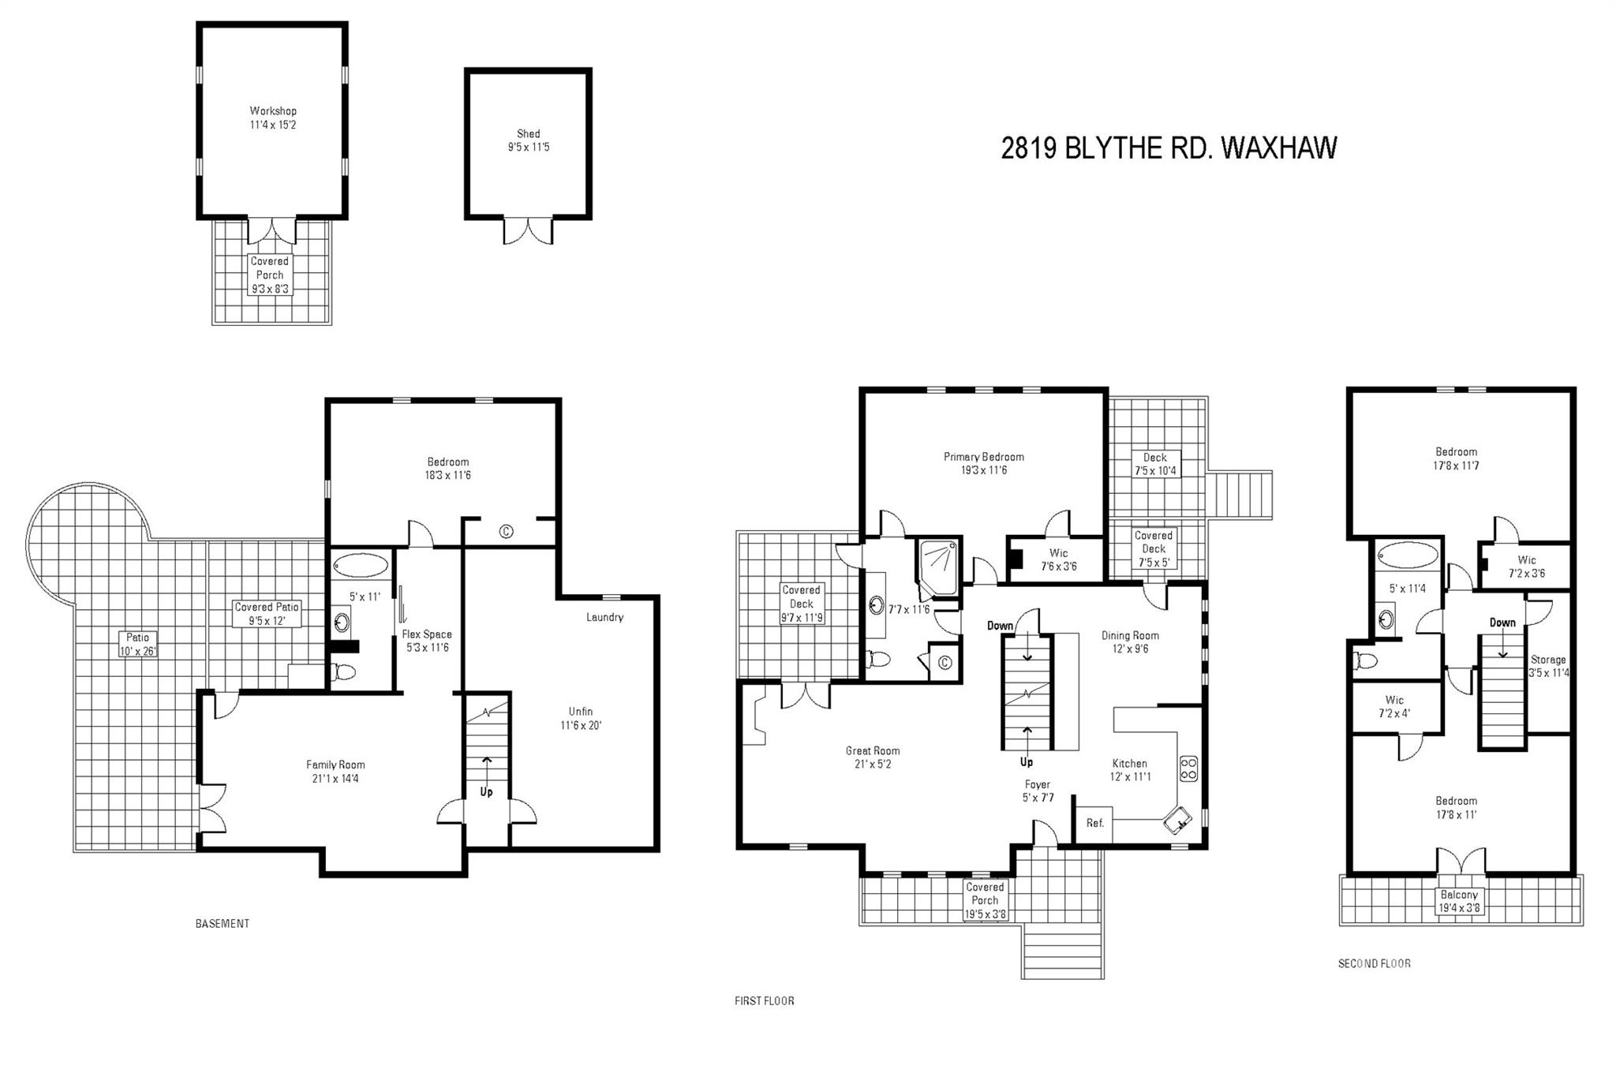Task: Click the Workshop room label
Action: pos(273,111)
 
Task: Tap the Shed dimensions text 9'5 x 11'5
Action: pos(529,147)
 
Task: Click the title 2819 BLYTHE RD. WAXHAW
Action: pos(1169,148)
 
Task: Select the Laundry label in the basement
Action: pos(604,617)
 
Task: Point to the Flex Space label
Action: pos(427,634)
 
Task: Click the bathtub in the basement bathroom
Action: pos(361,566)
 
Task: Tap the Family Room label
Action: pos(335,765)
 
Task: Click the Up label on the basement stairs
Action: pos(486,791)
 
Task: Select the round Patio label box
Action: pos(137,644)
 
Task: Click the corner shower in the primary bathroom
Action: pos(937,567)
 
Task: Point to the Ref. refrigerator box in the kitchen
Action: pos(1094,824)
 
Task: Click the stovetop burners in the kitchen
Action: pos(1188,769)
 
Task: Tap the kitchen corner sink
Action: pos(1178,821)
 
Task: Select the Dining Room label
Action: pos(1130,635)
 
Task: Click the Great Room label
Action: pos(873,751)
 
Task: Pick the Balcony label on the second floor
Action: pos(1459,895)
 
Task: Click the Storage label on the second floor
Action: pos(1548,660)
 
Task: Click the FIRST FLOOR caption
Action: pos(764,1001)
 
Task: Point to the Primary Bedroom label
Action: pos(984,457)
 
